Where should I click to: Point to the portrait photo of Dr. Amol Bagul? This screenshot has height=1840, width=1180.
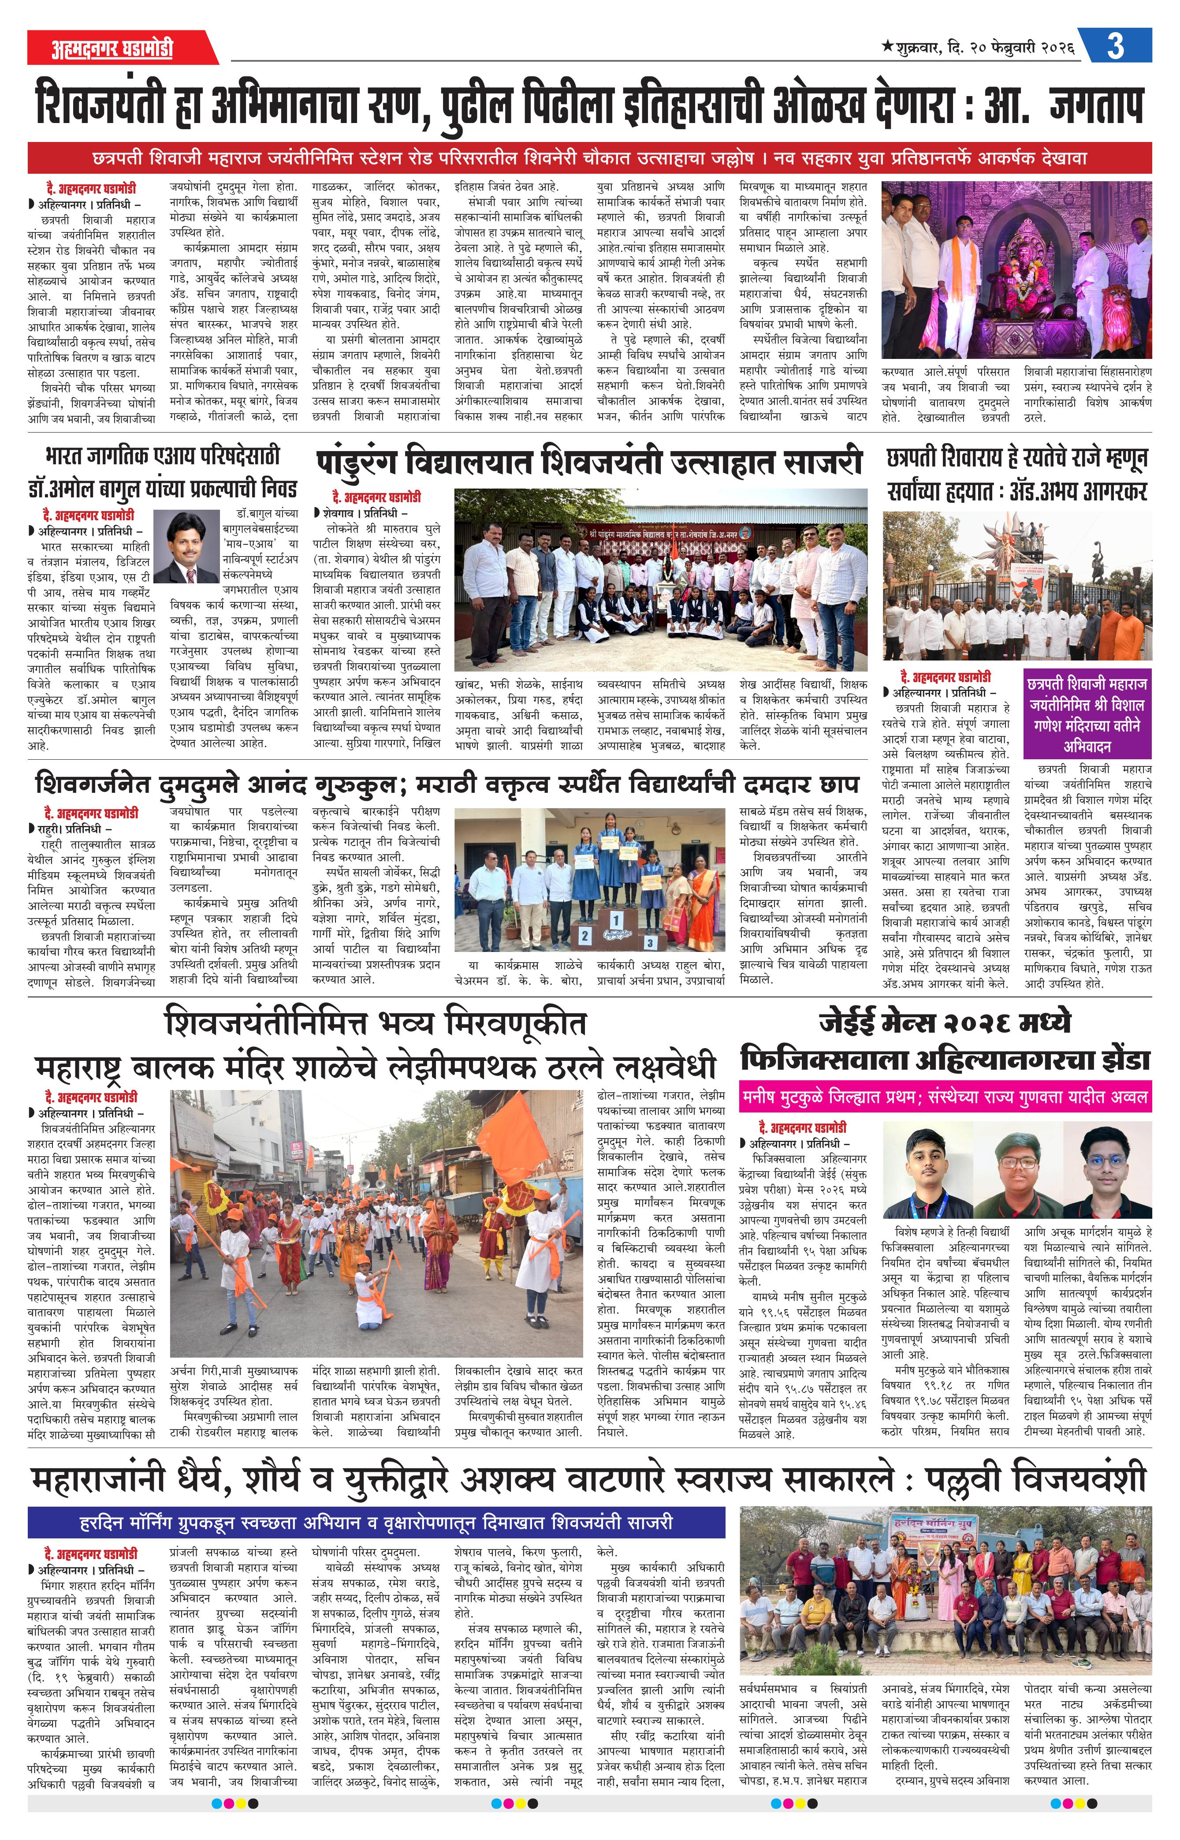point(186,547)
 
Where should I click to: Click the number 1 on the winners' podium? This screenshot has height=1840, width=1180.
point(615,920)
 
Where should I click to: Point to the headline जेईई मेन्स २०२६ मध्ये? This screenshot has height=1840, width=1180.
point(945,1023)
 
